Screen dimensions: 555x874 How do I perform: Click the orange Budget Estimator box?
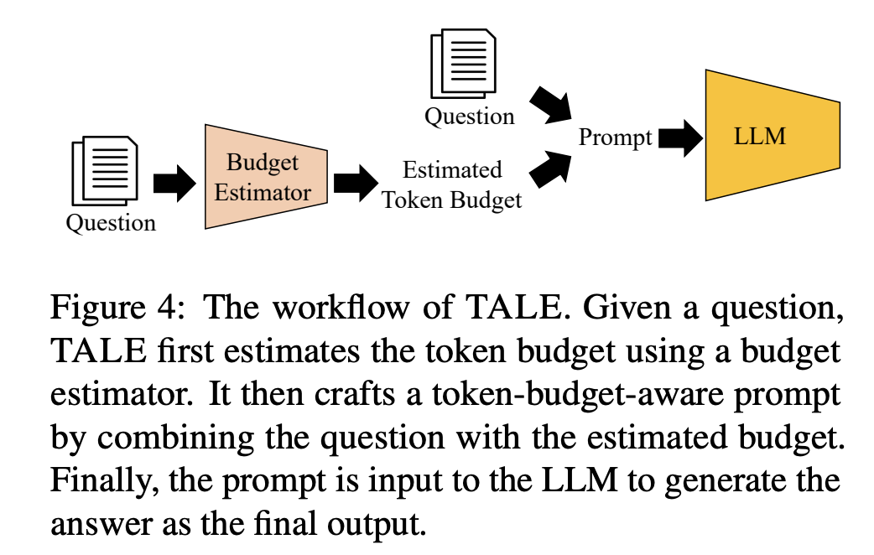point(263,177)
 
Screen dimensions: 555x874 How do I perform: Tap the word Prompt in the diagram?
point(615,137)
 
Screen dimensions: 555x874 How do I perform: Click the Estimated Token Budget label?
point(452,184)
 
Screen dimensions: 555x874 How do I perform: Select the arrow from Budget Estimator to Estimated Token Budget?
point(355,182)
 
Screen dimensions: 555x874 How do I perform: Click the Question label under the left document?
point(111,223)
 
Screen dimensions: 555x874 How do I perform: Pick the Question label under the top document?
point(469,117)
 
